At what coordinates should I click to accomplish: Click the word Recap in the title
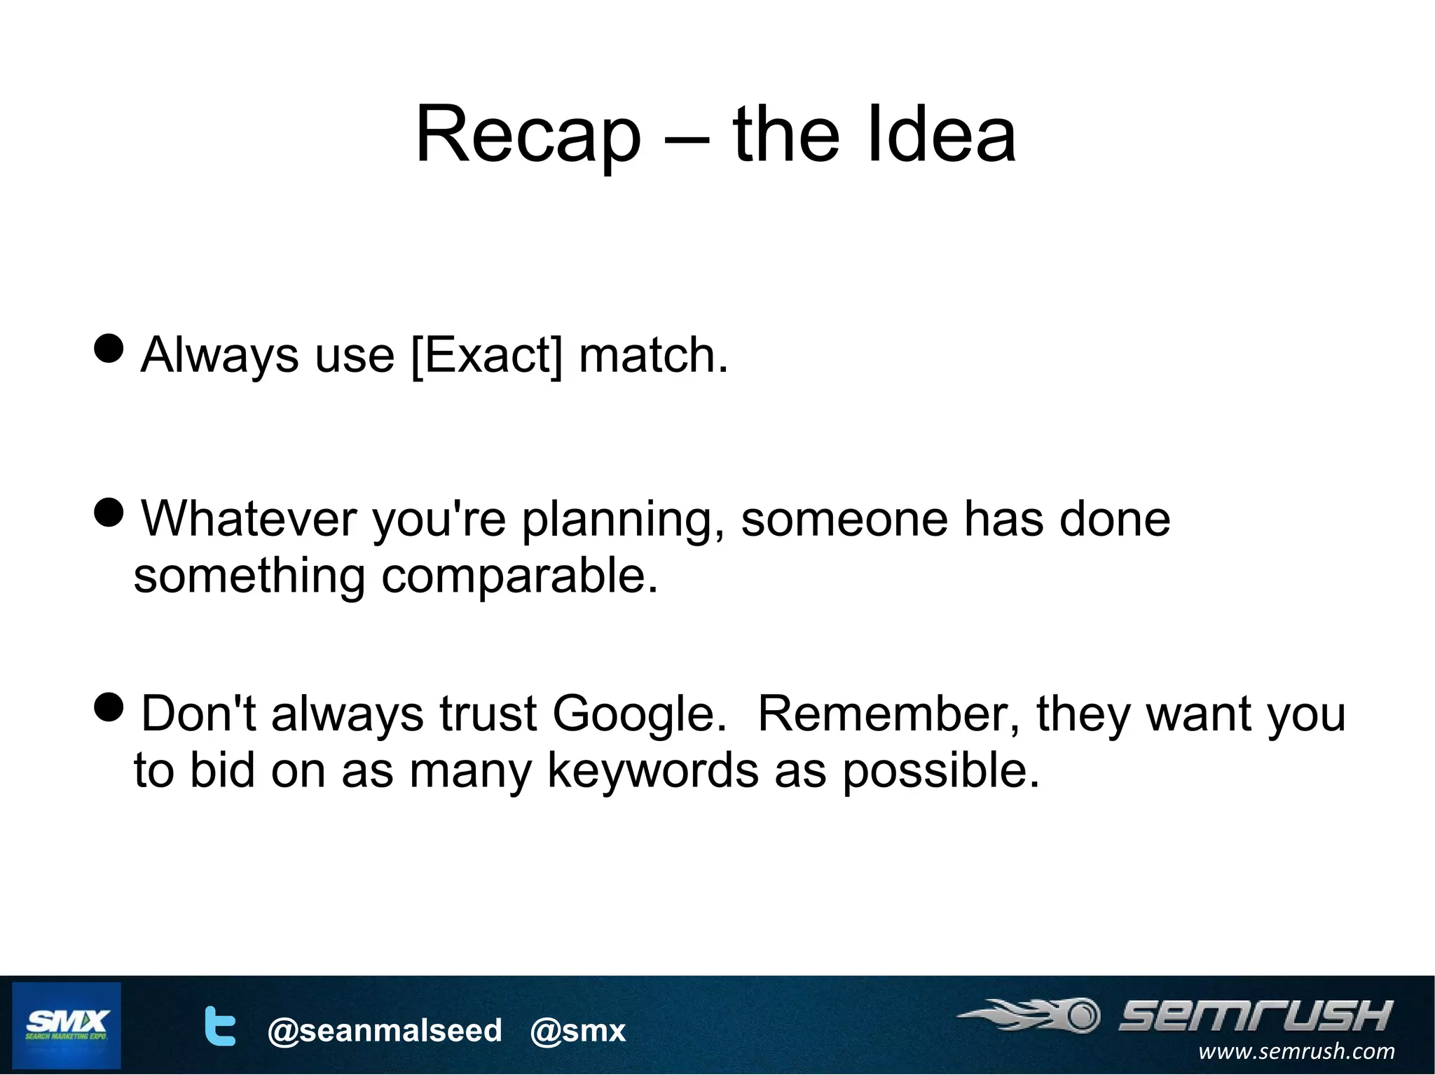coord(528,134)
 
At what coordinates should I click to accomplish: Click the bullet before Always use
coord(109,348)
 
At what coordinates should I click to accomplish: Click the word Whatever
coord(249,519)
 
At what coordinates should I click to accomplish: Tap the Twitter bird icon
coord(219,1026)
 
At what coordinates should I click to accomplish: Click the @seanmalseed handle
coord(385,1030)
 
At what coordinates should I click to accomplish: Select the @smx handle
coord(578,1030)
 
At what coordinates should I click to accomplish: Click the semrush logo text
coord(1254,1016)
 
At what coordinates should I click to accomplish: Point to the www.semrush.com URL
coord(1296,1051)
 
